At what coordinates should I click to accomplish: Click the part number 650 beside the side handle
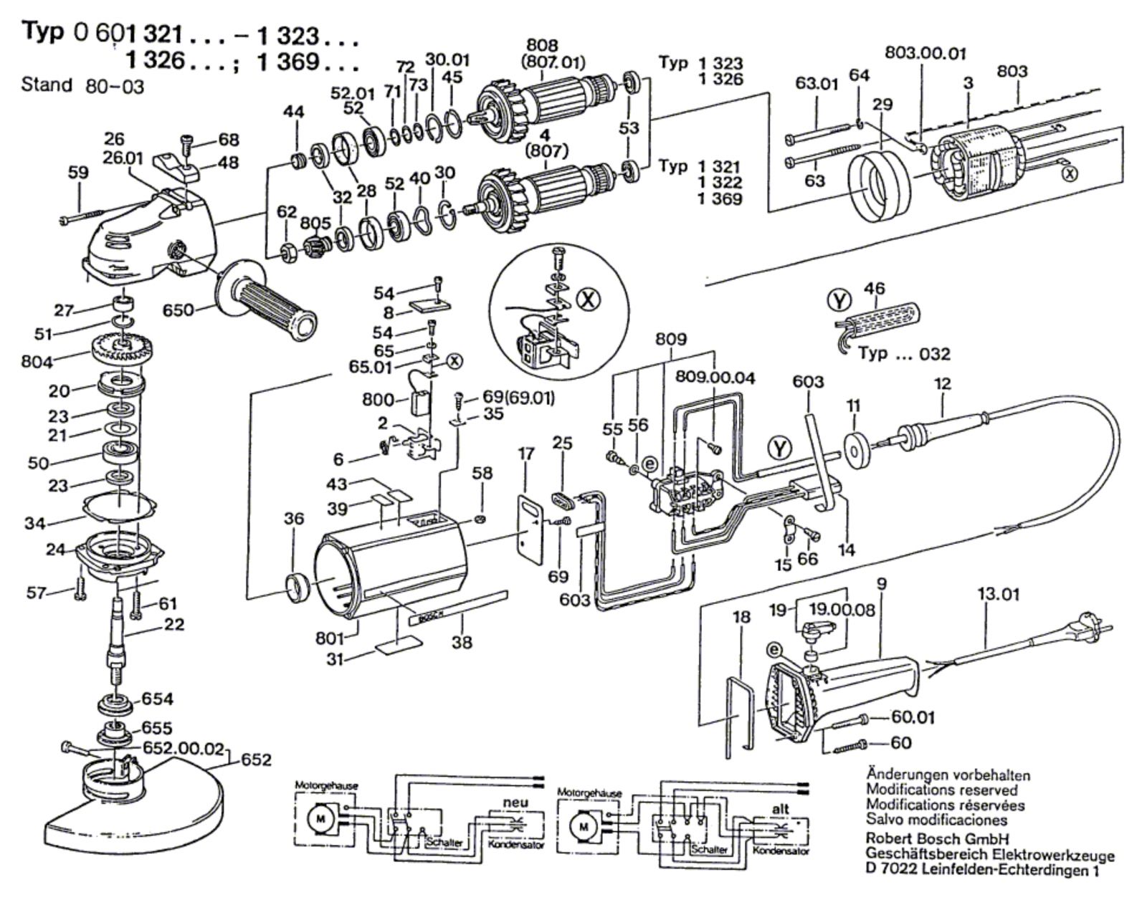pyautogui.click(x=178, y=310)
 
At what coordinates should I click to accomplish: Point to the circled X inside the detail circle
pyautogui.click(x=589, y=300)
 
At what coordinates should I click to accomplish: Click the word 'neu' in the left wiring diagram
pyautogui.click(x=515, y=803)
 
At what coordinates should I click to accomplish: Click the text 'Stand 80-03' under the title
pyautogui.click(x=82, y=86)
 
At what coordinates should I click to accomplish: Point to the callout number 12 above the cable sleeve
pyautogui.click(x=942, y=383)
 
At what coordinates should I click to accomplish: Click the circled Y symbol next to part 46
pyautogui.click(x=839, y=300)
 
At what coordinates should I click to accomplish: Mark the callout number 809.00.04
pyautogui.click(x=715, y=378)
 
